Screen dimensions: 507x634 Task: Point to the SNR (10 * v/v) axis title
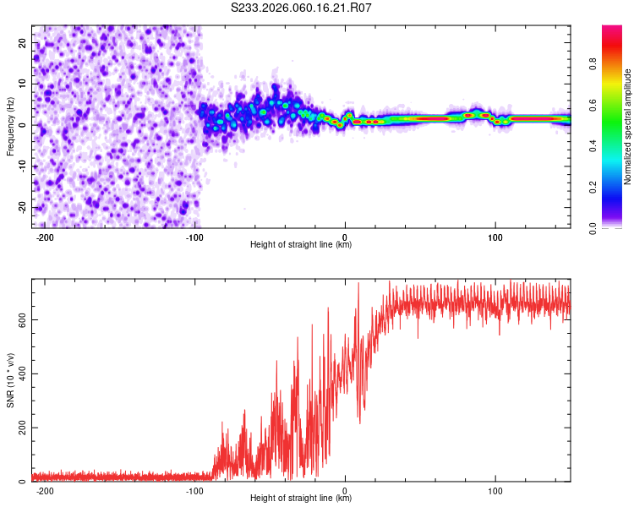coord(10,380)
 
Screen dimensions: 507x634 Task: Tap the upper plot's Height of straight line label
coord(301,244)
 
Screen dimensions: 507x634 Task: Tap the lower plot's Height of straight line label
coord(301,498)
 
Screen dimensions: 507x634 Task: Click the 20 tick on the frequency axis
coord(23,42)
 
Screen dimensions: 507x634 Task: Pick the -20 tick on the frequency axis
coord(21,208)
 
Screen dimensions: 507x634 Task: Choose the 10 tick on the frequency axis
coord(23,84)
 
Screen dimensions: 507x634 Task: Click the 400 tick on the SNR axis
coord(20,373)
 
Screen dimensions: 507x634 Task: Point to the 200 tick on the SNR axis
coord(20,428)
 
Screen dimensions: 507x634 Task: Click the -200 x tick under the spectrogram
coord(45,237)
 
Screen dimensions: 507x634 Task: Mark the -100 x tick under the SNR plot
coord(194,490)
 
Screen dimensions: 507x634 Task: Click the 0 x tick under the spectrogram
coord(345,237)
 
